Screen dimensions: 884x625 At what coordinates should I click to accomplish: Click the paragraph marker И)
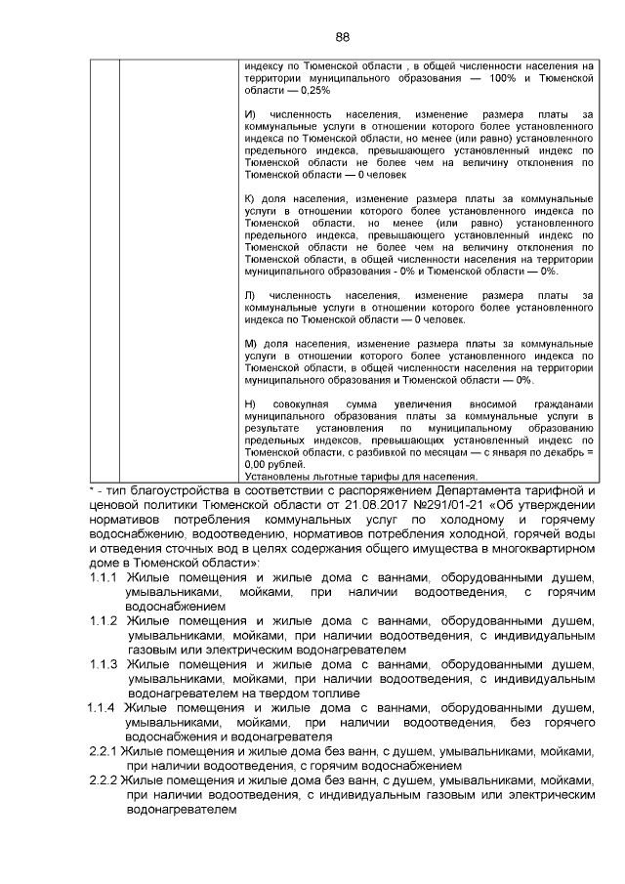point(249,115)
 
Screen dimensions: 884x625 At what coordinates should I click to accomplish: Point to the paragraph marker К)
point(249,198)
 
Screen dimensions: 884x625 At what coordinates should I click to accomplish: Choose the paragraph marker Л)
point(249,294)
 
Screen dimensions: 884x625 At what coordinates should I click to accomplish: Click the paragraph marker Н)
point(249,404)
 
